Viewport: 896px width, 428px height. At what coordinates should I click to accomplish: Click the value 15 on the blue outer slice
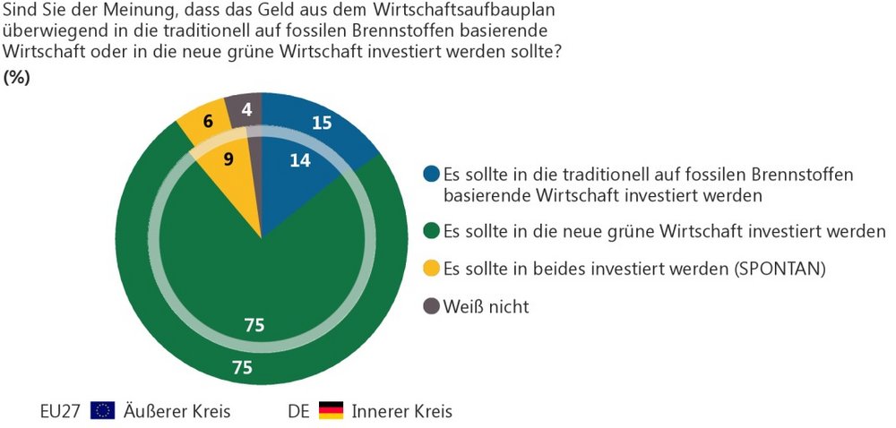[322, 124]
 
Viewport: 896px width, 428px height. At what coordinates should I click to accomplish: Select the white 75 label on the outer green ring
[241, 366]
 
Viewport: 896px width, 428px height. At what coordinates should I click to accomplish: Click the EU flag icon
[103, 411]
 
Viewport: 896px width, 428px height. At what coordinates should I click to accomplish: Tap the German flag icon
[332, 411]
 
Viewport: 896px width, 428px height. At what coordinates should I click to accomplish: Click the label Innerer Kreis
[402, 412]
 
